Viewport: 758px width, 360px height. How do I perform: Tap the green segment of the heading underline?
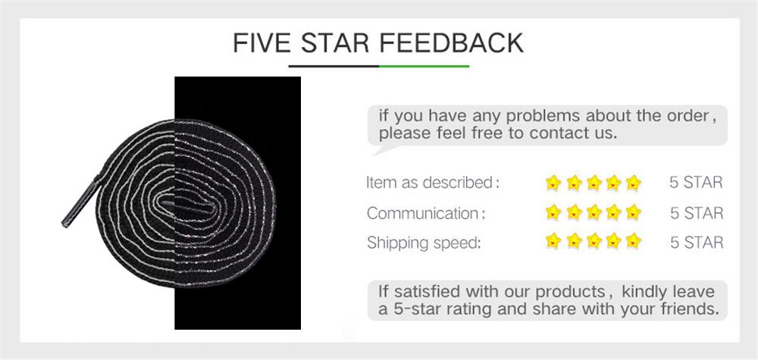[424, 66]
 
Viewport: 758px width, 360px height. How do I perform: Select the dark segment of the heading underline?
[334, 66]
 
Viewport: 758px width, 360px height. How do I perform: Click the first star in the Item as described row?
[553, 183]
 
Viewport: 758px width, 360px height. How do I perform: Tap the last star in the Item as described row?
[634, 183]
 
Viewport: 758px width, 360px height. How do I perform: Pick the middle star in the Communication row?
[594, 213]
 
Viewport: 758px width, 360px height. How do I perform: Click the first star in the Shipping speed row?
[553, 243]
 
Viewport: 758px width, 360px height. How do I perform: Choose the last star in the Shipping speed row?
[634, 243]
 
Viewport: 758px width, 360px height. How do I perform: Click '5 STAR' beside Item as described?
[696, 183]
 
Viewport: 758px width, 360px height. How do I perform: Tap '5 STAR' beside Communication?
[696, 213]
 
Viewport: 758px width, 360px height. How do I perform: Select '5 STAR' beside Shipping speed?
[696, 243]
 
